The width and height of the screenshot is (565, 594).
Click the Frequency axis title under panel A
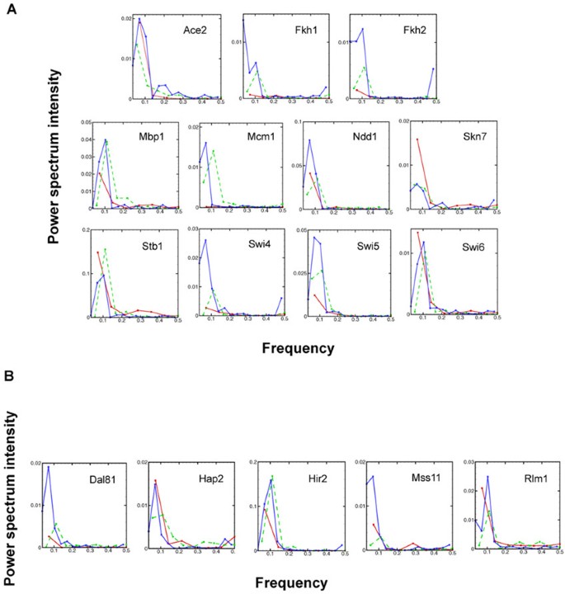coord(298,348)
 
